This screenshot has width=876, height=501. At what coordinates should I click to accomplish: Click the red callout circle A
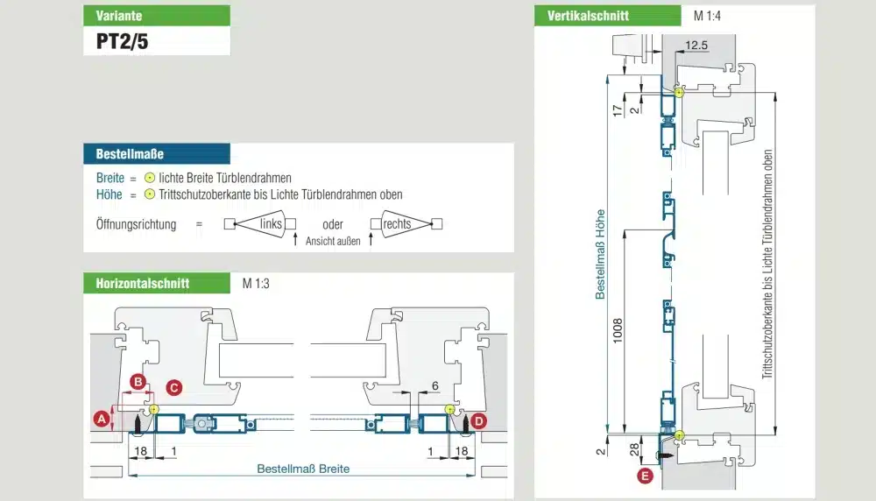tap(102, 420)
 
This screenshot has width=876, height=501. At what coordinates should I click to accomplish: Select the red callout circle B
tap(138, 382)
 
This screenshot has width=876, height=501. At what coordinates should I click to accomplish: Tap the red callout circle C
tap(173, 385)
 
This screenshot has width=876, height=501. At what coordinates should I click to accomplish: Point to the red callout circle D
tap(478, 420)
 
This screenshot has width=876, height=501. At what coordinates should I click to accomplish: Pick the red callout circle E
tap(646, 476)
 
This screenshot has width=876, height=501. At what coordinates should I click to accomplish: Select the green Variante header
tap(157, 15)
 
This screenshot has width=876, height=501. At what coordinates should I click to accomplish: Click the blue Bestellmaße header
tap(157, 154)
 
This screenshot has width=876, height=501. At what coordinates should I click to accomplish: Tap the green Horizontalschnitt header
tap(157, 283)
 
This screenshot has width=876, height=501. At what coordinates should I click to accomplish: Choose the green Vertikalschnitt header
tap(607, 15)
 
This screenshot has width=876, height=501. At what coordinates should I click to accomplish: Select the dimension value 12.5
tap(697, 45)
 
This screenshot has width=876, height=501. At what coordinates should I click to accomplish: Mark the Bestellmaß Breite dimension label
tap(303, 469)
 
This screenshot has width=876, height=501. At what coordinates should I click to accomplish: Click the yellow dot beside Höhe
tap(150, 194)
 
